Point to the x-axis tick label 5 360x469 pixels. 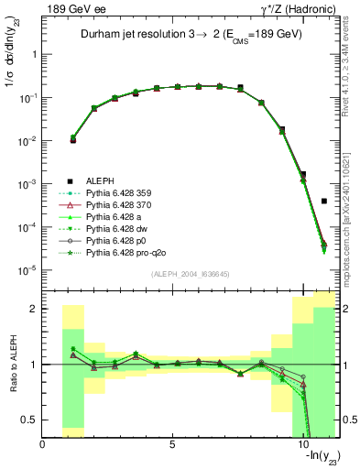coord(173,445)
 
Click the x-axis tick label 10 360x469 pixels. coord(303,445)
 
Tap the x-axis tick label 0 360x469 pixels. coord(43,445)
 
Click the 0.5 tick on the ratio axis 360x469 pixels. coord(30,420)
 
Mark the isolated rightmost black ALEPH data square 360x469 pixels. coord(324,201)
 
